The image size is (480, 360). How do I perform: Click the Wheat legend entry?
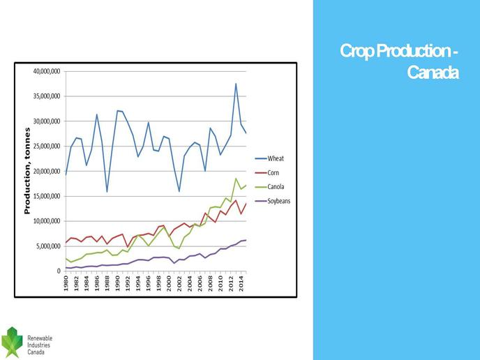[x=269, y=158]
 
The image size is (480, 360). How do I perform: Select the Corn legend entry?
[x=267, y=172]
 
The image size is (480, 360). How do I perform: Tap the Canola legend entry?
[x=269, y=187]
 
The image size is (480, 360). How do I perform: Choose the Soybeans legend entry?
[x=273, y=201]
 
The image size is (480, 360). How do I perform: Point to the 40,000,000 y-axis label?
[x=47, y=71]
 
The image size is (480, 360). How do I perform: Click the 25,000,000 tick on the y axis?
[x=47, y=147]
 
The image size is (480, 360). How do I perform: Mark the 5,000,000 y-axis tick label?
[x=48, y=246]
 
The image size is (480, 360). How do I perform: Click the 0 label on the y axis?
[x=59, y=271]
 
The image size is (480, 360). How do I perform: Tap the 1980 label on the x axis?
[x=66, y=283]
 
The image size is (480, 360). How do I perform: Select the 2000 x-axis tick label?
[x=169, y=283]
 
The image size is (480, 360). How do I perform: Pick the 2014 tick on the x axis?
[x=241, y=283]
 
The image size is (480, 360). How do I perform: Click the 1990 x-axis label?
[x=117, y=283]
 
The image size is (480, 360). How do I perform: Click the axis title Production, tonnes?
[x=27, y=171]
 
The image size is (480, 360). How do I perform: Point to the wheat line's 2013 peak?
[x=236, y=84]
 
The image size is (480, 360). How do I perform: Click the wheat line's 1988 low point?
[x=107, y=192]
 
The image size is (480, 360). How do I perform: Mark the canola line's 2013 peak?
[x=236, y=179]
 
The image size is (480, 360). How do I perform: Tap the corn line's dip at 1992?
[x=128, y=247]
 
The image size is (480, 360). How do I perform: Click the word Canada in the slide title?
[x=433, y=73]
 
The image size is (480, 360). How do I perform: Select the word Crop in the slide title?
[x=357, y=51]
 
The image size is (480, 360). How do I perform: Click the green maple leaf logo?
[x=12, y=343]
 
